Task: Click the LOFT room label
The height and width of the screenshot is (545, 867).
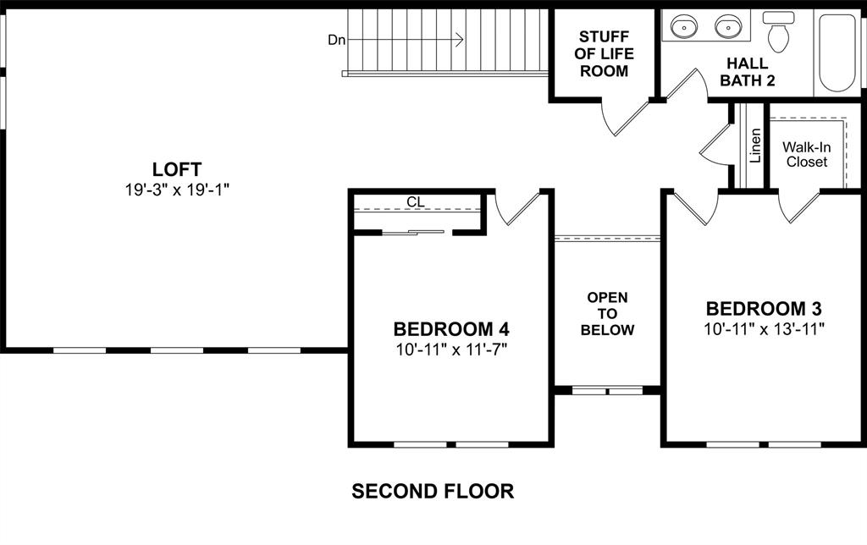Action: tap(177, 169)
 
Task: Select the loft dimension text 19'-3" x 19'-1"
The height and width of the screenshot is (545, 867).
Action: tap(177, 190)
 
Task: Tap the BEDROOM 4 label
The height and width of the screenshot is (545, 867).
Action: tap(450, 328)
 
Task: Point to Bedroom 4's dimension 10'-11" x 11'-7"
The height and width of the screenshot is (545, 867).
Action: tap(450, 348)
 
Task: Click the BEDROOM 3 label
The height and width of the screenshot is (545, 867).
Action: tap(764, 308)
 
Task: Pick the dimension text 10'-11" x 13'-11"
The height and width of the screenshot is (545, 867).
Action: tap(764, 328)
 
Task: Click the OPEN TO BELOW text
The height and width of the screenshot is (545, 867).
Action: tap(607, 313)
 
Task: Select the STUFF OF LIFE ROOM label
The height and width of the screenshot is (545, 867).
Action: tap(604, 53)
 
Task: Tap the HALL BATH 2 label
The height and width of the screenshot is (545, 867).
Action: tap(747, 72)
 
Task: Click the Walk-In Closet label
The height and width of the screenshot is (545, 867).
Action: tap(806, 154)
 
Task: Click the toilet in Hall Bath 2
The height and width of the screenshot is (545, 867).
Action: tap(777, 32)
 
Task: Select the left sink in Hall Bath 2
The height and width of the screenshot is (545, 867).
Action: tap(684, 28)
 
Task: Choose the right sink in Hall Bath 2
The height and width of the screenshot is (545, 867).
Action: tap(726, 28)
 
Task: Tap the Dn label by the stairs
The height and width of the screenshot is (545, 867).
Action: tap(337, 40)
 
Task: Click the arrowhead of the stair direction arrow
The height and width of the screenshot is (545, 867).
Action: tap(459, 40)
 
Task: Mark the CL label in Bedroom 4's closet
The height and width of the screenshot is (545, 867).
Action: tap(415, 202)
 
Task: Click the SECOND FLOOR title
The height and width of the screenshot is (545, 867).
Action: tap(433, 491)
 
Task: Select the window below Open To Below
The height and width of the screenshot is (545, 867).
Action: tap(607, 390)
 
